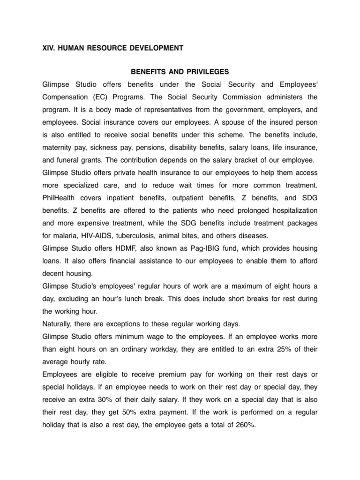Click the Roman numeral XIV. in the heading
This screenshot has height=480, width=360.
coord(49,48)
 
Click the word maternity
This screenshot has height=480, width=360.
coord(58,148)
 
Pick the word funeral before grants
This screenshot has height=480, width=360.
coord(71,160)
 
